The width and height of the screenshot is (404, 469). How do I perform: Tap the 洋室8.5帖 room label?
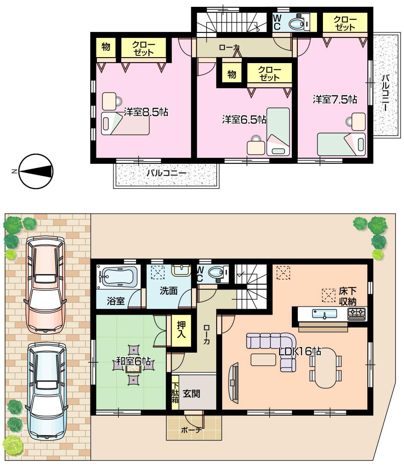click(x=146, y=112)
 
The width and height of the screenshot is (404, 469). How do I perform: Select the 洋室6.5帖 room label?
click(x=244, y=119)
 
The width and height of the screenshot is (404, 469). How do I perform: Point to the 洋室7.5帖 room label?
click(x=334, y=99)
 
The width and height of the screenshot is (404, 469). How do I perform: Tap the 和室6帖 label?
click(x=134, y=364)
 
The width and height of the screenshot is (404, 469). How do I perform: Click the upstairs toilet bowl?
click(x=296, y=24)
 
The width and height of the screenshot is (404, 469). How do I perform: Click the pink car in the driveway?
click(x=45, y=284)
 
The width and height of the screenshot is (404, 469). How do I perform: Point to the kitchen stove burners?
click(x=357, y=314)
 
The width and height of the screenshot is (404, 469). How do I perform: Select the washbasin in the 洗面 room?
click(x=181, y=270)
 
